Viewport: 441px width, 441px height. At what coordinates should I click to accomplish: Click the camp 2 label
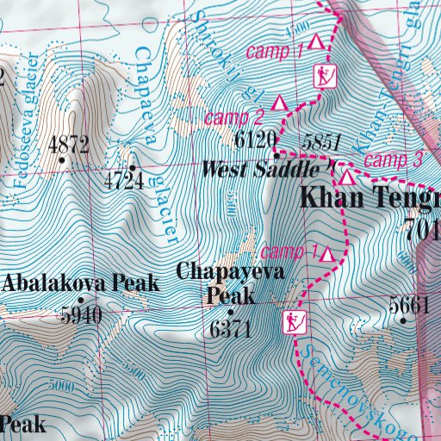click(233, 116)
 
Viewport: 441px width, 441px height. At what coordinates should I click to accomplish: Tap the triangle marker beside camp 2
click(279, 103)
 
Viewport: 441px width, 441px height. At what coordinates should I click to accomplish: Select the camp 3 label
click(394, 159)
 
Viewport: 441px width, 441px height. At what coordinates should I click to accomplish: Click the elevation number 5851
click(322, 142)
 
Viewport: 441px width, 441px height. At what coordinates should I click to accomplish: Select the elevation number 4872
click(69, 144)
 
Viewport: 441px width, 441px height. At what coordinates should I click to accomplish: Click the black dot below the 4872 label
click(62, 159)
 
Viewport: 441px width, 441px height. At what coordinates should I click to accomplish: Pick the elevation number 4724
click(122, 180)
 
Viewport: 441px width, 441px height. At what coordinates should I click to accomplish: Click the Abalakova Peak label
click(81, 283)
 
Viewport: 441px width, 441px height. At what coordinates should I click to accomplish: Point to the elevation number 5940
click(81, 316)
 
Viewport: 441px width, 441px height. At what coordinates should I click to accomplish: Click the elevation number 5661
click(408, 304)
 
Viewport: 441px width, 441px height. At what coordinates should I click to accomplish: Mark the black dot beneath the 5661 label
click(404, 320)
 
